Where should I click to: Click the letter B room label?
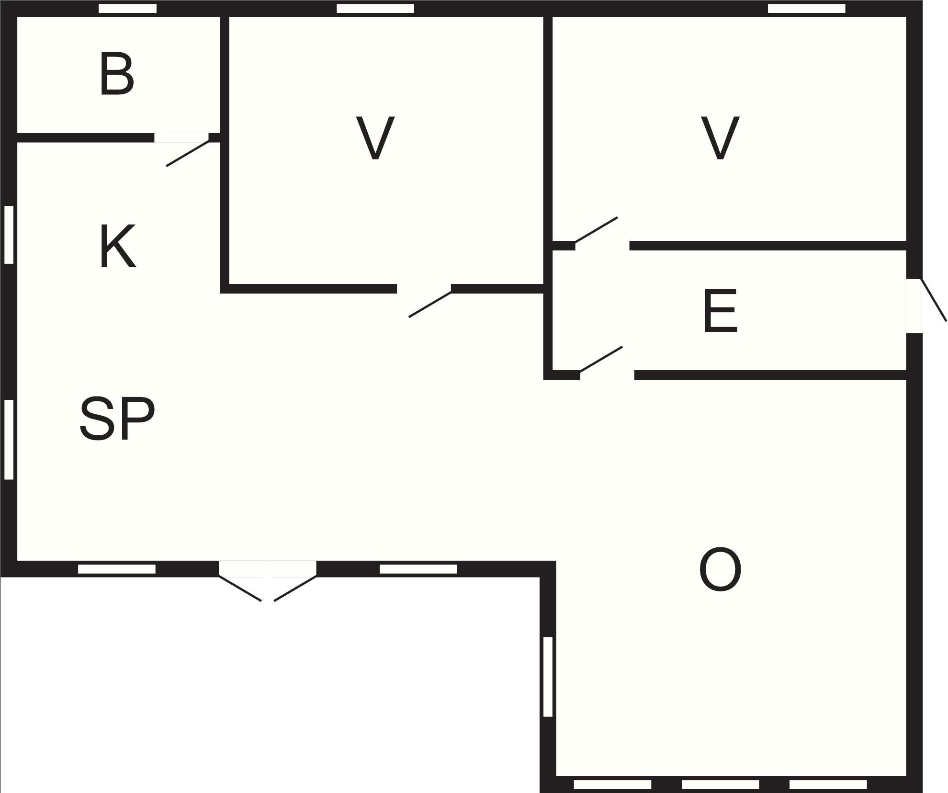pyautogui.click(x=117, y=75)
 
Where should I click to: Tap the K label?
pyautogui.click(x=118, y=247)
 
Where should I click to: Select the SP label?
pyautogui.click(x=117, y=418)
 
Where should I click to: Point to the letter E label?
pyautogui.click(x=721, y=311)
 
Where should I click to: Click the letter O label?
pyautogui.click(x=721, y=570)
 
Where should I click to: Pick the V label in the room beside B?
pyautogui.click(x=375, y=138)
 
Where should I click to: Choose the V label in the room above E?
pyautogui.click(x=720, y=138)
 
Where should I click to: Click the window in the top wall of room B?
pyautogui.click(x=127, y=9)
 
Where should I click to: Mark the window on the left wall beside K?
pyautogui.click(x=9, y=235)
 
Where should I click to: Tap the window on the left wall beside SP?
pyautogui.click(x=9, y=439)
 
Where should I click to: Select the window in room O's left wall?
pyautogui.click(x=548, y=677)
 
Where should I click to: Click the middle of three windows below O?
pyautogui.click(x=720, y=784)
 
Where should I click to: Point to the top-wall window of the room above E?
pyautogui.click(x=807, y=9)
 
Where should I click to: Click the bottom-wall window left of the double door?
pyautogui.click(x=117, y=569)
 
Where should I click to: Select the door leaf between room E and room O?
pyautogui.click(x=601, y=359)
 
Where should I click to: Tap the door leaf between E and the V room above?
pyautogui.click(x=596, y=230)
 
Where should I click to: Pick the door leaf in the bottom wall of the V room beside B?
pyautogui.click(x=430, y=304)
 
